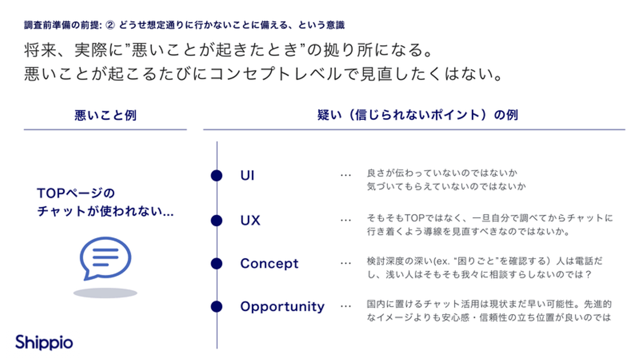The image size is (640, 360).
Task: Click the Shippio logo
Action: [44, 343]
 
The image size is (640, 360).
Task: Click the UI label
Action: [247, 176]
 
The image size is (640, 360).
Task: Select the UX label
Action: [250, 220]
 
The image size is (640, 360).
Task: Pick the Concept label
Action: [269, 263]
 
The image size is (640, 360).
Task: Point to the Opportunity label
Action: [282, 307]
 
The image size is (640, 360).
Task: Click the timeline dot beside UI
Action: [216, 176]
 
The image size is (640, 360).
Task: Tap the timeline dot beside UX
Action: [216, 220]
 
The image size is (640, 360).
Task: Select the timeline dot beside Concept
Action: [216, 264]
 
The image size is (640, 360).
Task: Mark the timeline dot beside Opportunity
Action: [216, 307]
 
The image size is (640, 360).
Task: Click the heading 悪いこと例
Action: [105, 116]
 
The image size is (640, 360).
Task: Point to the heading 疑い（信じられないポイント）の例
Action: [417, 115]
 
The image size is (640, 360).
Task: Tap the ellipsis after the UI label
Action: [345, 176]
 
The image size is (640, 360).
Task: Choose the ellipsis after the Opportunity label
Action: [345, 307]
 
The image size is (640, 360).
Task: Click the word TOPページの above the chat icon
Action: [76, 193]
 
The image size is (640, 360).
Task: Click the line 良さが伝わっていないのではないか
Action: [443, 172]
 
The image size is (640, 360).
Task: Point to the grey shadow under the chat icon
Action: [105, 293]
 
